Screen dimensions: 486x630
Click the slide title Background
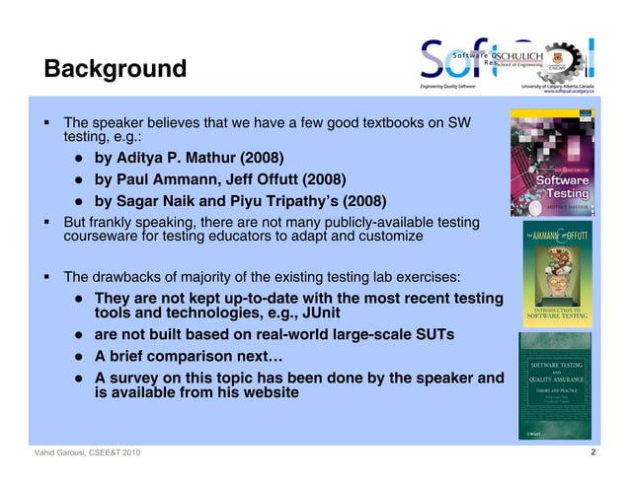[x=115, y=70]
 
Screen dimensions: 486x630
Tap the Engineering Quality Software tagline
[x=447, y=87]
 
